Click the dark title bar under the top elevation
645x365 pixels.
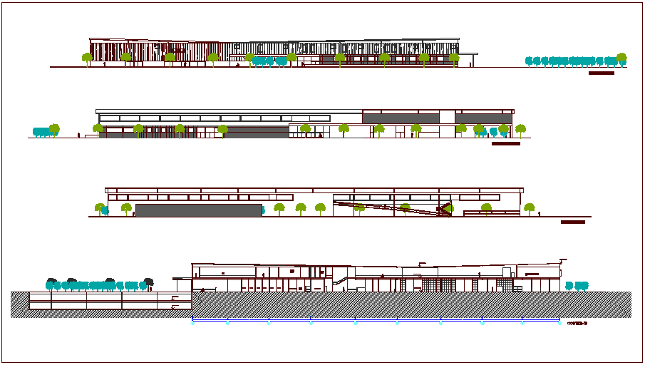602,73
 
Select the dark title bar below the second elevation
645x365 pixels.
506,143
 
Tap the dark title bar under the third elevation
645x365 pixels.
573,222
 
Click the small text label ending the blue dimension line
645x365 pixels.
577,323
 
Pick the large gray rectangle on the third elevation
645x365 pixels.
199,210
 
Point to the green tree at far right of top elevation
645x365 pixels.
621,58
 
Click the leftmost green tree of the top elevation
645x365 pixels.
87,58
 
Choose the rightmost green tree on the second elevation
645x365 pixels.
521,130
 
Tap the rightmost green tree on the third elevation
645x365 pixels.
529,208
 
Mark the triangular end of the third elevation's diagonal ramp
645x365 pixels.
446,208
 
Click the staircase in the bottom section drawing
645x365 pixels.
341,281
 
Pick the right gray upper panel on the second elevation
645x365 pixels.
483,118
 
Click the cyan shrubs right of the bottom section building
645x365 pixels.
577,286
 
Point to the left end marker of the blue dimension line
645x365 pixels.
192,322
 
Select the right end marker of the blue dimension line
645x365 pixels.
559,322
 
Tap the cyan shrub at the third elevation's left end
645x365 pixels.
105,210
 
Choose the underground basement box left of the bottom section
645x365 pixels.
110,302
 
